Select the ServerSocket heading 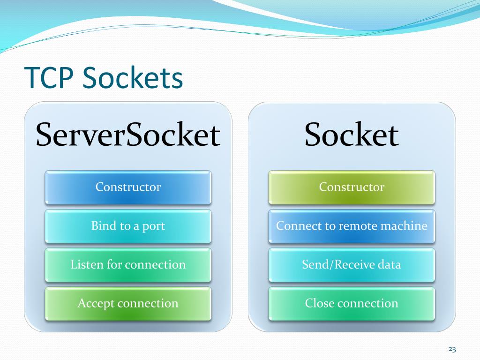128,135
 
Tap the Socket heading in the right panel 352,135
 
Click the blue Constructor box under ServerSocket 128,187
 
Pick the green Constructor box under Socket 352,187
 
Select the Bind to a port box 128,226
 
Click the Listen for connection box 128,265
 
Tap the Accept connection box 128,304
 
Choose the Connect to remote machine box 352,226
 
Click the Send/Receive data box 352,265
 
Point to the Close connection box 352,304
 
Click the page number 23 452,349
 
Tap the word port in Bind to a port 154,226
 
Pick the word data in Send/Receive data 390,264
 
